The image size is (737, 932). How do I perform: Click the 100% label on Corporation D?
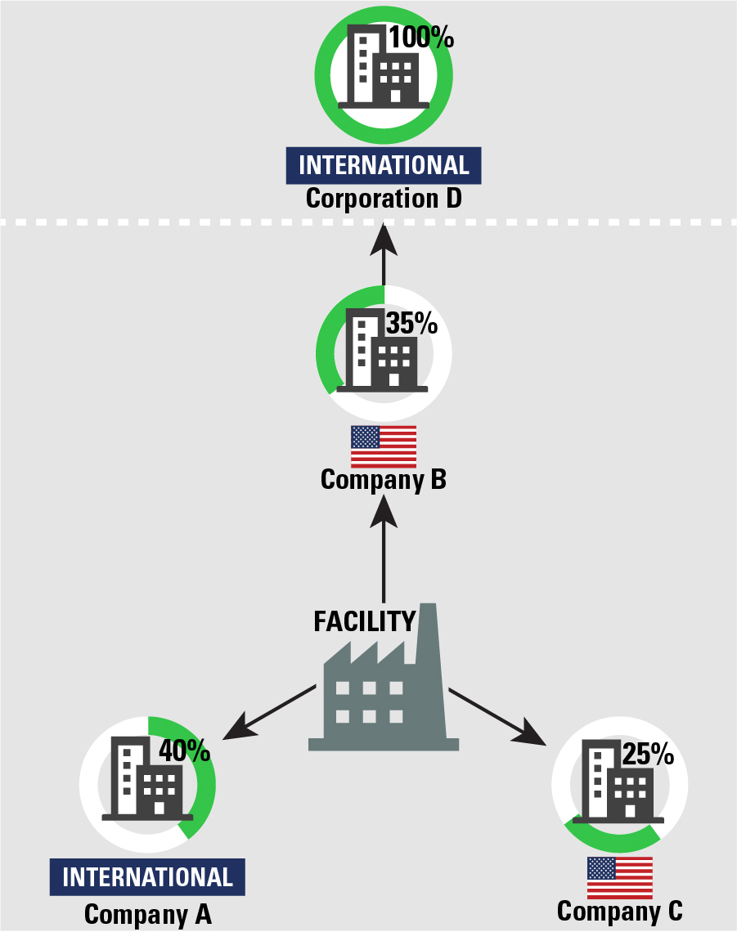point(420,38)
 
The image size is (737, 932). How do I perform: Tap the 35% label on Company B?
point(412,324)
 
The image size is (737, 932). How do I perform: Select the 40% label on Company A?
point(184,750)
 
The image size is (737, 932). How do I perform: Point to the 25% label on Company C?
point(648,755)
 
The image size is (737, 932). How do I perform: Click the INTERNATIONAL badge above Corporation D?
point(384,165)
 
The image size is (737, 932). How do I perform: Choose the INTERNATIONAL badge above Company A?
point(147,877)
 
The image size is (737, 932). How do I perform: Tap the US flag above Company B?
point(384,446)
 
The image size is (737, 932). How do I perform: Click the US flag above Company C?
point(619,877)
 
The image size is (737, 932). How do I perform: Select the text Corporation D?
point(384,199)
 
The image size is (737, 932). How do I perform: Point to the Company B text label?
point(384,480)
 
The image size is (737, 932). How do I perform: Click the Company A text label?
point(148,914)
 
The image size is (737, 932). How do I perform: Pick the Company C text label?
point(619,911)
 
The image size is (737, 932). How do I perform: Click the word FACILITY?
point(365,621)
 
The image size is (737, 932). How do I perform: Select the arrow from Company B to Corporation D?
point(384,258)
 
